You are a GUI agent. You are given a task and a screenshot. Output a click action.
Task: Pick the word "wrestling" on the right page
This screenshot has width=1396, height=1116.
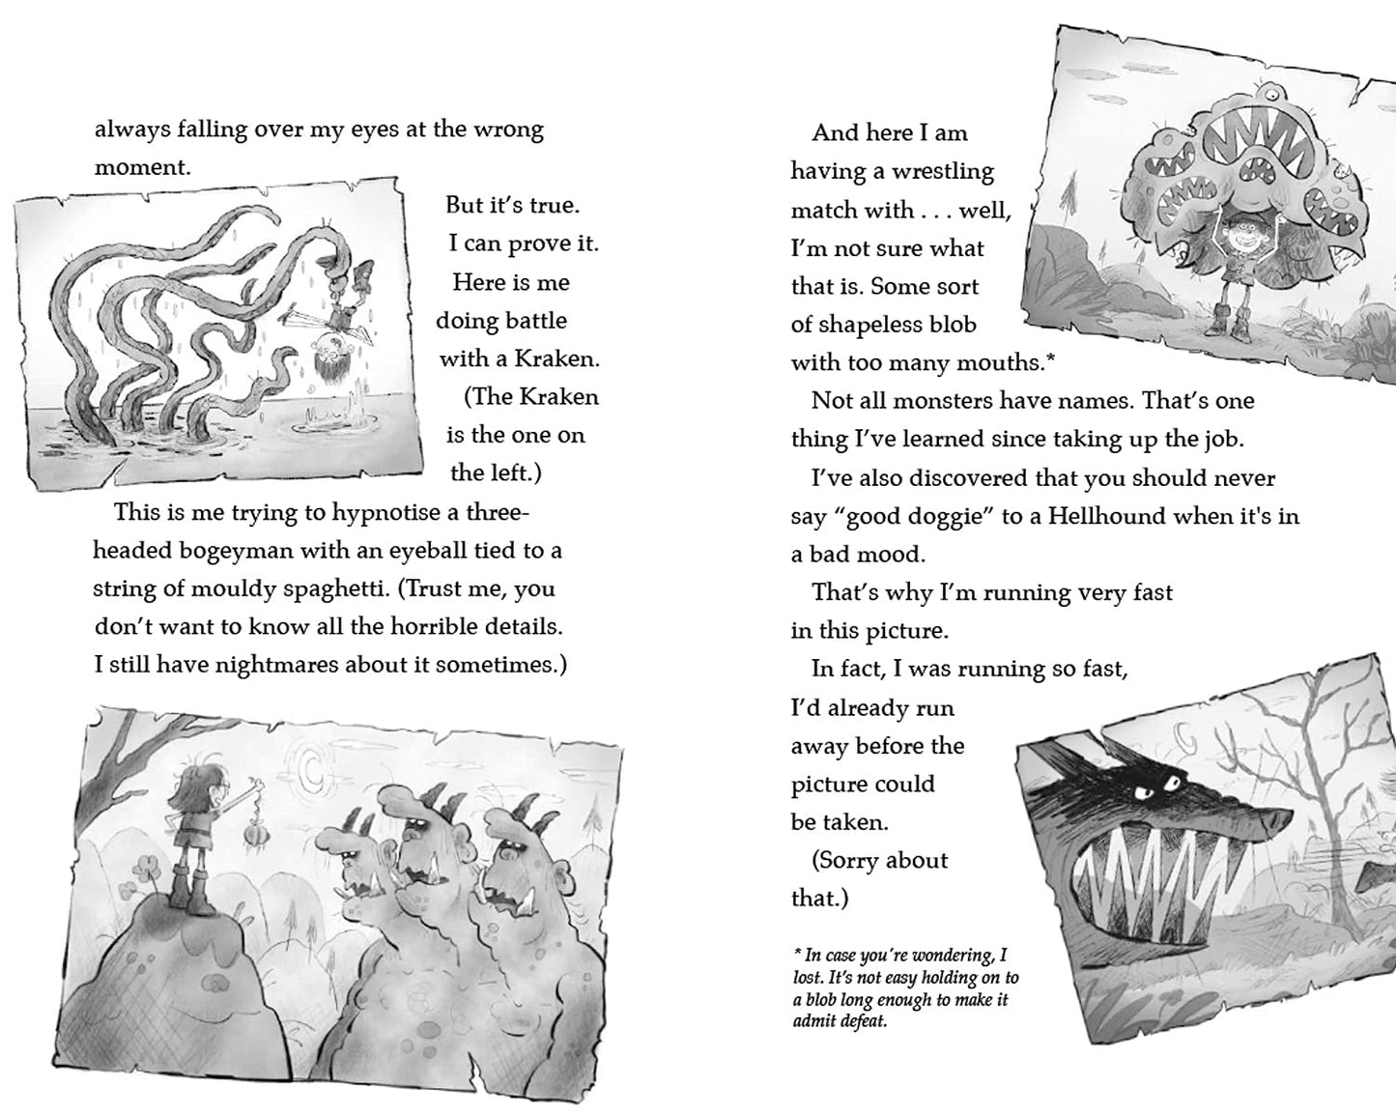(942, 172)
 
